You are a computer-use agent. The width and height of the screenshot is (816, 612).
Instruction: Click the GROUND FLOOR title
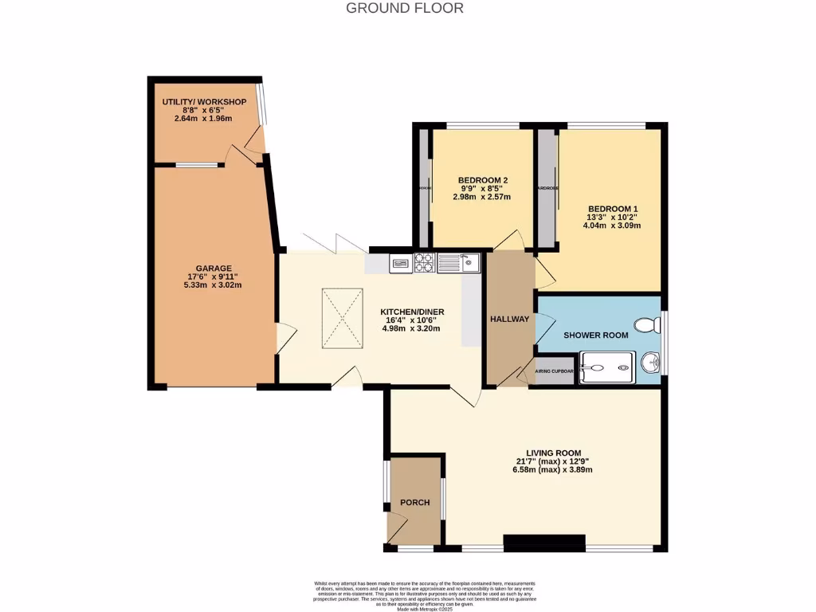pyautogui.click(x=405, y=9)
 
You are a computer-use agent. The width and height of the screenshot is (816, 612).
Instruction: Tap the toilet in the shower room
pyautogui.click(x=648, y=324)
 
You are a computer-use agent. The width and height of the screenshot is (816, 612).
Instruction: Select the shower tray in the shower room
pyautogui.click(x=607, y=367)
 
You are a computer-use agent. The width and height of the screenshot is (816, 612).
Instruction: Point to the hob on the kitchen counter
pyautogui.click(x=425, y=261)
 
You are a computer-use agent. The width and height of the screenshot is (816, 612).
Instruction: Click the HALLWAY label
pyautogui.click(x=510, y=320)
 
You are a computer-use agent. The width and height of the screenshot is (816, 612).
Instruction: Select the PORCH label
pyautogui.click(x=415, y=503)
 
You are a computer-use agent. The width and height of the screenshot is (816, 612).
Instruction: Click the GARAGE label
pyautogui.click(x=214, y=268)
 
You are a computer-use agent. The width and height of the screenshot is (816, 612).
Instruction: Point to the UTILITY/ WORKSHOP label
pyautogui.click(x=203, y=103)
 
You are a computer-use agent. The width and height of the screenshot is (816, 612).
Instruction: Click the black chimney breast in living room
pyautogui.click(x=544, y=543)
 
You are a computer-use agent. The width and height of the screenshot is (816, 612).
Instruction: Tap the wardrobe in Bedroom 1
pyautogui.click(x=547, y=189)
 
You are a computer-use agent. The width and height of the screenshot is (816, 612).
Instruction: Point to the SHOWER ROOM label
pyautogui.click(x=596, y=335)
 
